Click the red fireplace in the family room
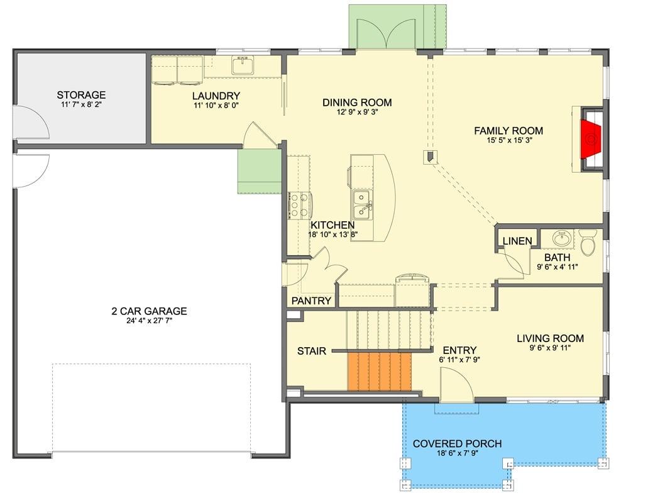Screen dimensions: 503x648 [590, 139]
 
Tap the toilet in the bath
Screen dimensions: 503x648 [588, 243]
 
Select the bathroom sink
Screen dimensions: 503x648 [561, 238]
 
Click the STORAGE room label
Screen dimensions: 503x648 [81, 96]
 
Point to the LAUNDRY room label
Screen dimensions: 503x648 [216, 96]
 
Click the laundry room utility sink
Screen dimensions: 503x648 [242, 65]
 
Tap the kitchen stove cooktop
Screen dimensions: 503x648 [299, 202]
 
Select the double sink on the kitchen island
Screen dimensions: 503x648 [361, 203]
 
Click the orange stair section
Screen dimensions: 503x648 [379, 372]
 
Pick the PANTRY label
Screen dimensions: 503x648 [311, 301]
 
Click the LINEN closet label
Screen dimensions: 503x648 [517, 241]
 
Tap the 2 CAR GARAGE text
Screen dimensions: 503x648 [149, 311]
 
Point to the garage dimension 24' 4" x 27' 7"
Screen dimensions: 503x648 [149, 322]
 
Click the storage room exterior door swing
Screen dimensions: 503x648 [30, 123]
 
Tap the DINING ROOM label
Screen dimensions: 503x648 [357, 102]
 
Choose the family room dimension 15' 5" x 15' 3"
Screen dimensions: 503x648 [508, 141]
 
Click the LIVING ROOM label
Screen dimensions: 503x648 [550, 338]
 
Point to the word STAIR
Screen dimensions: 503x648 [312, 351]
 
